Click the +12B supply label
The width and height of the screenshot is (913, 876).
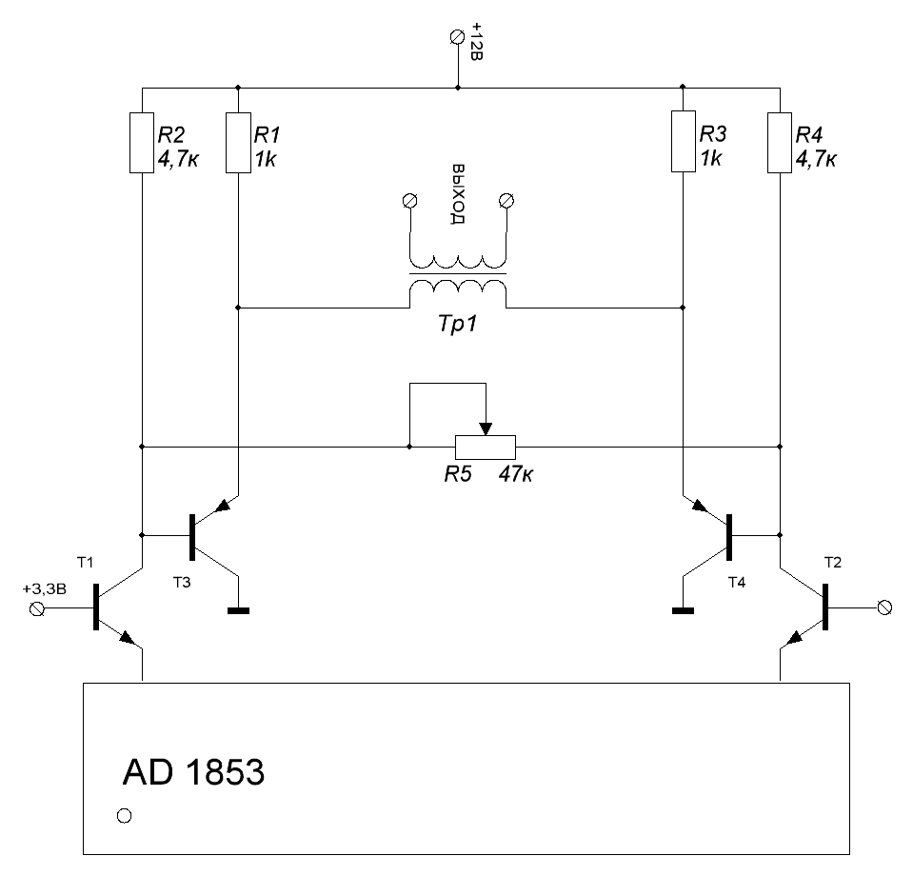coord(477,44)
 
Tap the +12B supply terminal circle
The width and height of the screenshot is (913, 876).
coord(457,36)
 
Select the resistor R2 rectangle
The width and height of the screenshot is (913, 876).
coord(141,142)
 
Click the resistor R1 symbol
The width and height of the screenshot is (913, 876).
coord(237,142)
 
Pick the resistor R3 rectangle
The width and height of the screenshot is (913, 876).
coord(683,142)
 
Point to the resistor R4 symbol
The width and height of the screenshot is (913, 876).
coord(780,142)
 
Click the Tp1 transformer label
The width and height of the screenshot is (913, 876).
coord(457,325)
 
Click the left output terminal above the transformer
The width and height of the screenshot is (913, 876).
coord(410,200)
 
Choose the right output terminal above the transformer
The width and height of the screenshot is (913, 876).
coord(506,200)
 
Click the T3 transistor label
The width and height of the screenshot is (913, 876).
coord(181,583)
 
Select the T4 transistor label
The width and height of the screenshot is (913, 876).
coord(737,581)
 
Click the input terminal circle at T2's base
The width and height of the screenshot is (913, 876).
coord(883,607)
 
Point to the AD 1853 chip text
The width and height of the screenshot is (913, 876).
coord(193,772)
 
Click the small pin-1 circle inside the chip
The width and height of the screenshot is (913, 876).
coord(123,816)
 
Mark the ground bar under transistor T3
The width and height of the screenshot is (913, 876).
coord(237,611)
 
